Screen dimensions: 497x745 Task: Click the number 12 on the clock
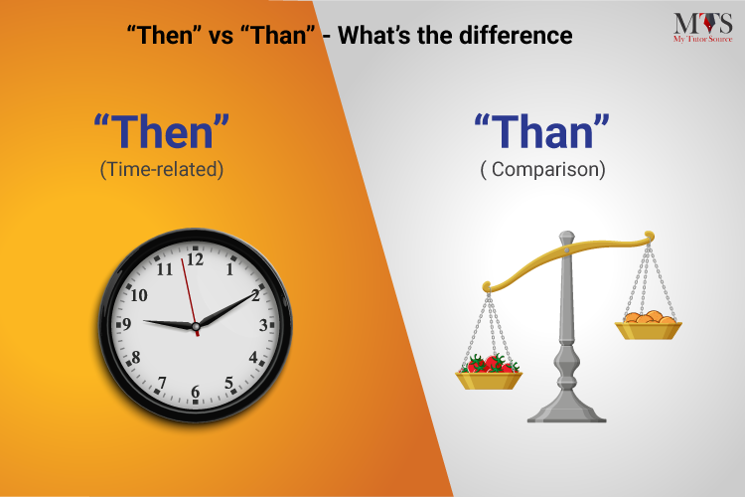click(195, 259)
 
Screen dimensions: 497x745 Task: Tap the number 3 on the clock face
click(263, 325)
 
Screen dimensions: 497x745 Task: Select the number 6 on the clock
click(195, 393)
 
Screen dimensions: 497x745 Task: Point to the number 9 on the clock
click(126, 324)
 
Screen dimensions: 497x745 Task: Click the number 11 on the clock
click(165, 268)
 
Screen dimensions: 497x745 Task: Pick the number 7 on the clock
click(162, 383)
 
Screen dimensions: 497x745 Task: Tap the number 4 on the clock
click(253, 358)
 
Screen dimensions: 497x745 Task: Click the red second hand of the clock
click(189, 288)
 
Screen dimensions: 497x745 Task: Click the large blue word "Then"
click(162, 134)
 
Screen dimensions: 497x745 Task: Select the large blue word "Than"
click(541, 134)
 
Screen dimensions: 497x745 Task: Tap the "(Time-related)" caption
click(162, 170)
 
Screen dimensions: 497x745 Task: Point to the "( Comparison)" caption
click(541, 170)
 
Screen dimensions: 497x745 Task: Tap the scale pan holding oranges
click(648, 326)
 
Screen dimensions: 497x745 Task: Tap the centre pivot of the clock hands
click(196, 325)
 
